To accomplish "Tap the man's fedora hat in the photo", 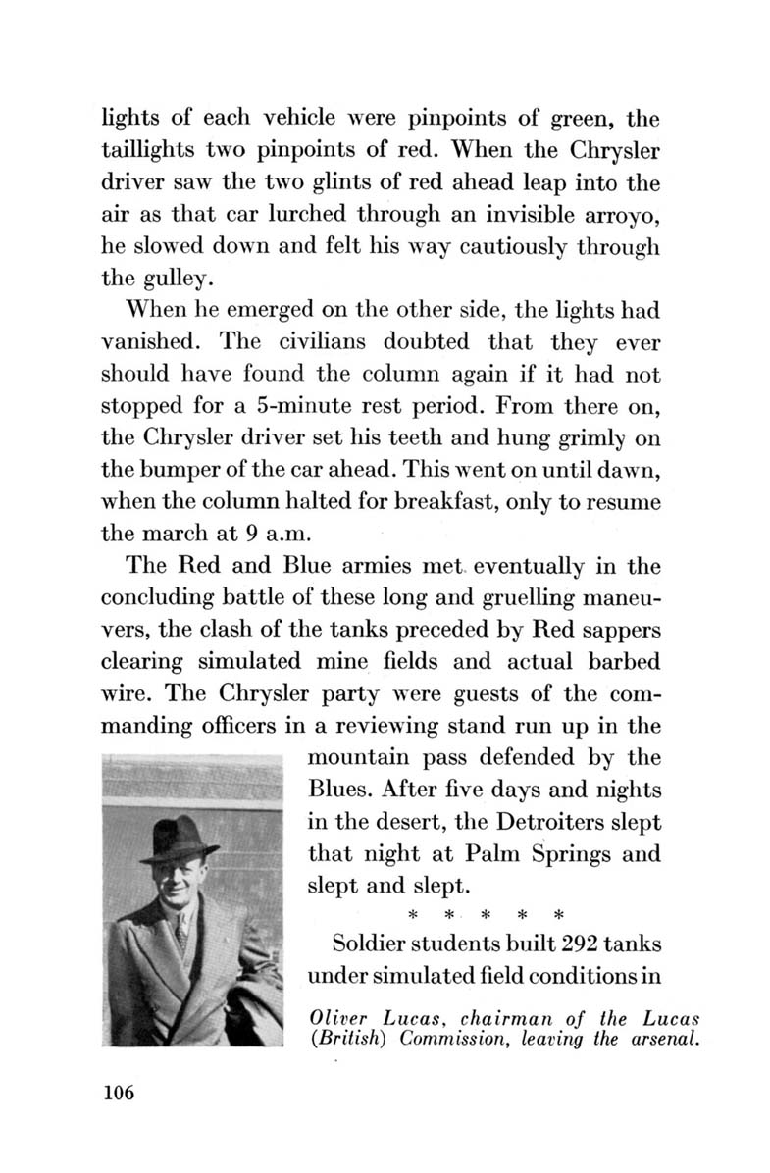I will pos(179,839).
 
